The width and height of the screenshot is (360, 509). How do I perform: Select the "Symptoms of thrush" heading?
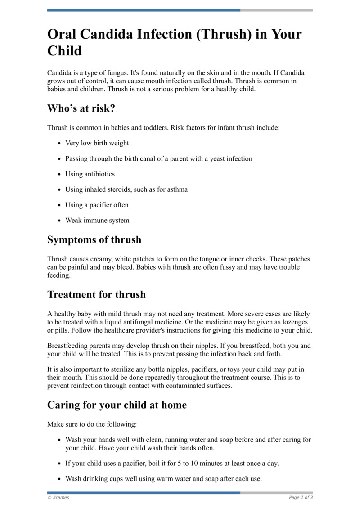coord(94,240)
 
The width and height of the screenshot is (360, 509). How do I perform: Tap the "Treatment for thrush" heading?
coord(96,295)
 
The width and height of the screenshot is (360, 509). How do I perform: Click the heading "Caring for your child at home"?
coord(117,405)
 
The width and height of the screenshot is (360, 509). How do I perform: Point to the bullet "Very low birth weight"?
coord(97,143)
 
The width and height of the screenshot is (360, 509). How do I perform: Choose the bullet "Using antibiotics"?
coord(90,174)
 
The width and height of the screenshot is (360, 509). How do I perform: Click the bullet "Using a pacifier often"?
coord(97,205)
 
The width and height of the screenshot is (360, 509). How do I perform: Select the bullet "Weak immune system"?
coord(97,221)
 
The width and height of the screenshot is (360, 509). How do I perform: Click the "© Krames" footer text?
coord(58,497)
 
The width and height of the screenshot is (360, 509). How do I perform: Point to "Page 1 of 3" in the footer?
coord(301,497)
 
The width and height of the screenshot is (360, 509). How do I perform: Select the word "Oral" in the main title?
coord(63,35)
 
